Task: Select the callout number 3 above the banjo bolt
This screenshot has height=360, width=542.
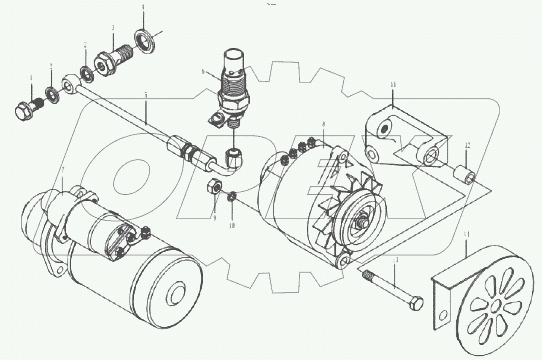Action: pyautogui.click(x=113, y=28)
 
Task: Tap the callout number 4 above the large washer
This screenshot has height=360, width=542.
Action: pyautogui.click(x=143, y=7)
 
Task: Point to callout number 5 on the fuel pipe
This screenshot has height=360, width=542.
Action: pyautogui.click(x=146, y=95)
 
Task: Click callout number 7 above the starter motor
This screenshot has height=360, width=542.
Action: pyautogui.click(x=63, y=170)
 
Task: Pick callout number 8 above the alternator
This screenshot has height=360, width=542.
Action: pyautogui.click(x=324, y=124)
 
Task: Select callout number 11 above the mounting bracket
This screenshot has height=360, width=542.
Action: pyautogui.click(x=393, y=85)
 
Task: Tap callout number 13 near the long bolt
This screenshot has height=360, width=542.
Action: pyautogui.click(x=395, y=260)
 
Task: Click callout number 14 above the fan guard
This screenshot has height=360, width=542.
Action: pyautogui.click(x=467, y=234)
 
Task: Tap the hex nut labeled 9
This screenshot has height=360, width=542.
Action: pyautogui.click(x=214, y=187)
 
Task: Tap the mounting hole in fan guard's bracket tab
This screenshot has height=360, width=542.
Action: pyautogui.click(x=443, y=316)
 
